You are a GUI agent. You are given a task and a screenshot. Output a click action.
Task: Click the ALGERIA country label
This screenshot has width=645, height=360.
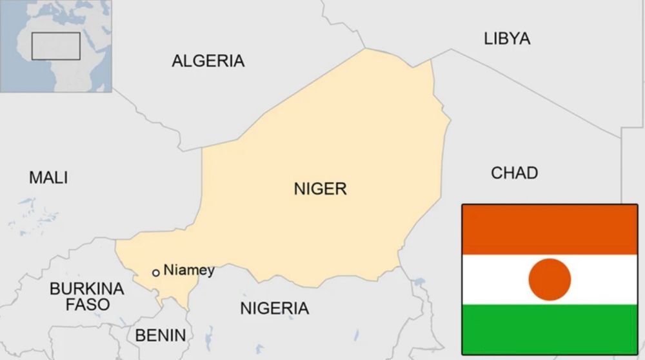(208, 61)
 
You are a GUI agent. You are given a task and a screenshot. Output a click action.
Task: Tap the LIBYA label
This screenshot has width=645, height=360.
(507, 39)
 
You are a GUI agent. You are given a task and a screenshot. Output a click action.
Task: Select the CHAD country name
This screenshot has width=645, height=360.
(514, 173)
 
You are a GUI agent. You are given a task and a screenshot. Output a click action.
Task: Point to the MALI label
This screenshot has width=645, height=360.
(48, 177)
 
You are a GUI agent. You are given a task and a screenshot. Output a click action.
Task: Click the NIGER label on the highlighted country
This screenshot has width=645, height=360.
(320, 189)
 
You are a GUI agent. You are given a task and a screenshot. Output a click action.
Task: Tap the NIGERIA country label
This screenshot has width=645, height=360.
(274, 308)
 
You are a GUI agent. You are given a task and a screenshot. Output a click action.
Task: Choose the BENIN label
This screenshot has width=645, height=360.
(160, 335)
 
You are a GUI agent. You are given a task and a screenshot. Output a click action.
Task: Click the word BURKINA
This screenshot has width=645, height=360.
(86, 288)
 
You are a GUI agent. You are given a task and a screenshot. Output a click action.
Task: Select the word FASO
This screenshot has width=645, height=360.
(87, 305)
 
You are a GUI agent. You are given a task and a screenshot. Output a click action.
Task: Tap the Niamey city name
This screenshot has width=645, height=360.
(188, 270)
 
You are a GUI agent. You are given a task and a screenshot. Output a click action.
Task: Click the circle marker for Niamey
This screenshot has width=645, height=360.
(155, 273)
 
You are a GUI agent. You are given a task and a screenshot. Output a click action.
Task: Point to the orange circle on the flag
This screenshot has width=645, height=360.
(550, 279)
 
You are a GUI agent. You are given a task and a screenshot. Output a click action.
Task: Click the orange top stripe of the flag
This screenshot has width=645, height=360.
(550, 230)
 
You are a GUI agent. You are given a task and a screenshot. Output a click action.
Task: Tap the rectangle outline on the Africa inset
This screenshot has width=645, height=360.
(56, 46)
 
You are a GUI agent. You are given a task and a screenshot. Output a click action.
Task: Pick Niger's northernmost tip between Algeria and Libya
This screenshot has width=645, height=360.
(366, 49)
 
